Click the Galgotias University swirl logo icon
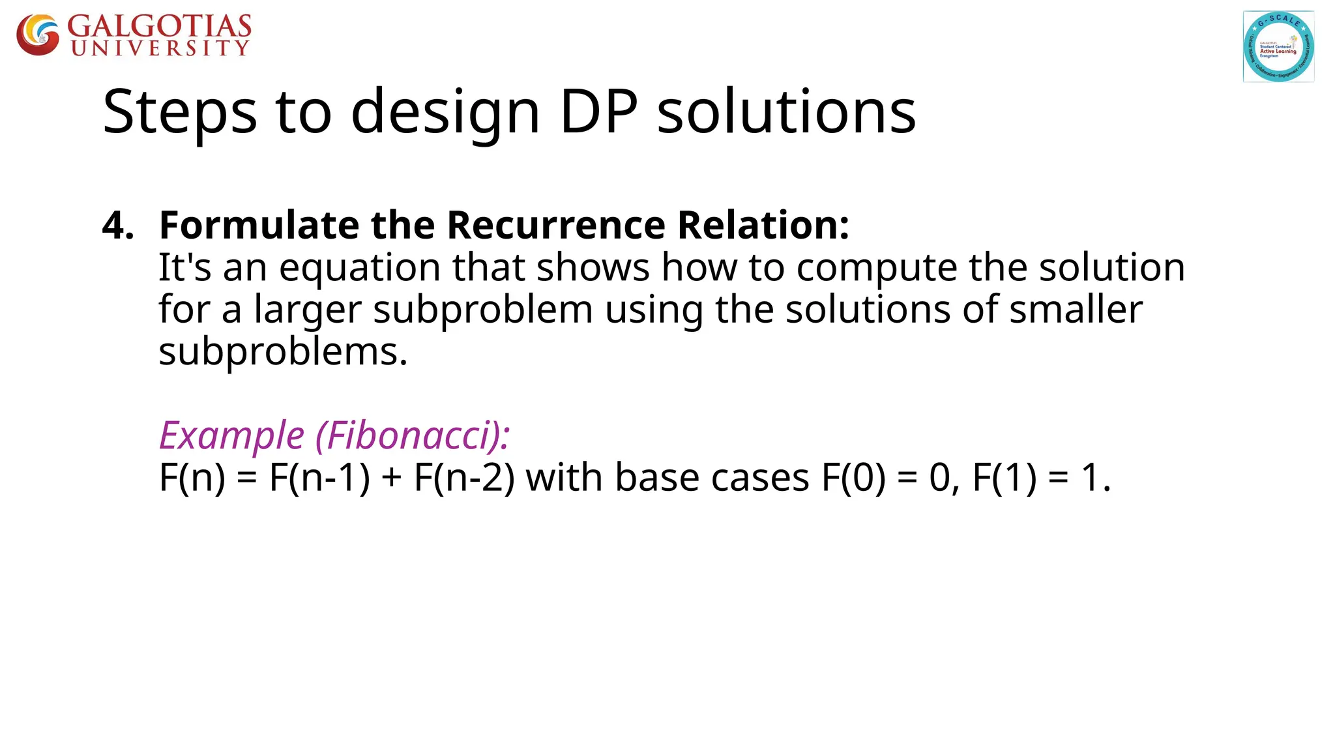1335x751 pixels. click(x=38, y=35)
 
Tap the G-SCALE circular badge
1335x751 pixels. click(x=1278, y=46)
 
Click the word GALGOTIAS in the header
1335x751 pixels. click(x=159, y=27)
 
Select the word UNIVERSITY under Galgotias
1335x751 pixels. click(x=160, y=48)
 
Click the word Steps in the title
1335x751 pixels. click(x=180, y=112)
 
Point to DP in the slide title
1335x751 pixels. click(x=598, y=112)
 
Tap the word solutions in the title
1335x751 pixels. click(x=786, y=112)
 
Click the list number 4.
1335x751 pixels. click(x=117, y=226)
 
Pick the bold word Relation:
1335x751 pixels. click(x=763, y=226)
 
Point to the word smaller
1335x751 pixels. click(x=1076, y=310)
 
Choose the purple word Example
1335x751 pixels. click(x=231, y=435)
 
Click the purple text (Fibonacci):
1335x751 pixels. click(x=413, y=435)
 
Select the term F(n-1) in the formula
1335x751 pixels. click(x=319, y=477)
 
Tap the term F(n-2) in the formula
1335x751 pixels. click(x=464, y=477)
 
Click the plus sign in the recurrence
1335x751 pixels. click(x=392, y=479)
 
